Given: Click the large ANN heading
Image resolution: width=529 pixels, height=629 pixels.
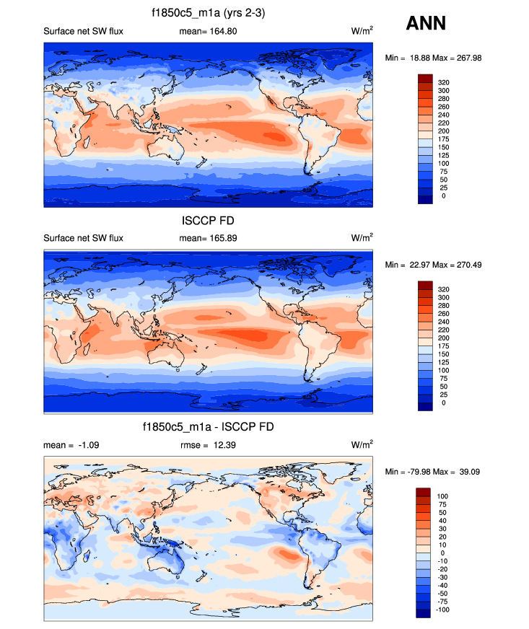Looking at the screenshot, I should point(426,23).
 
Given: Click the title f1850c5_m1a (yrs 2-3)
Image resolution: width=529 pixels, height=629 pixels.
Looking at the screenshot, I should point(208,12).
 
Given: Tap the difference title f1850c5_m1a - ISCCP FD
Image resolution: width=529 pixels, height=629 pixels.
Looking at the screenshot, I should point(208,427).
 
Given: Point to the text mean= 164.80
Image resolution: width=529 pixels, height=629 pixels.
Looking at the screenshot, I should point(208,31).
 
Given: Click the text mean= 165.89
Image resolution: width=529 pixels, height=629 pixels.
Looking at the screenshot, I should point(208,237).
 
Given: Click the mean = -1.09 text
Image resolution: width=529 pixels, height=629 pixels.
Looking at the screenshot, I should point(71,444).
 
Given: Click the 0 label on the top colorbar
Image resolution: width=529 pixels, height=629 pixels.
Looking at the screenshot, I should point(443,195).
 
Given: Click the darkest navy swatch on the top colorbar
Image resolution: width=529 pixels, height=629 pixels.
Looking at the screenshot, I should point(424,200).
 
